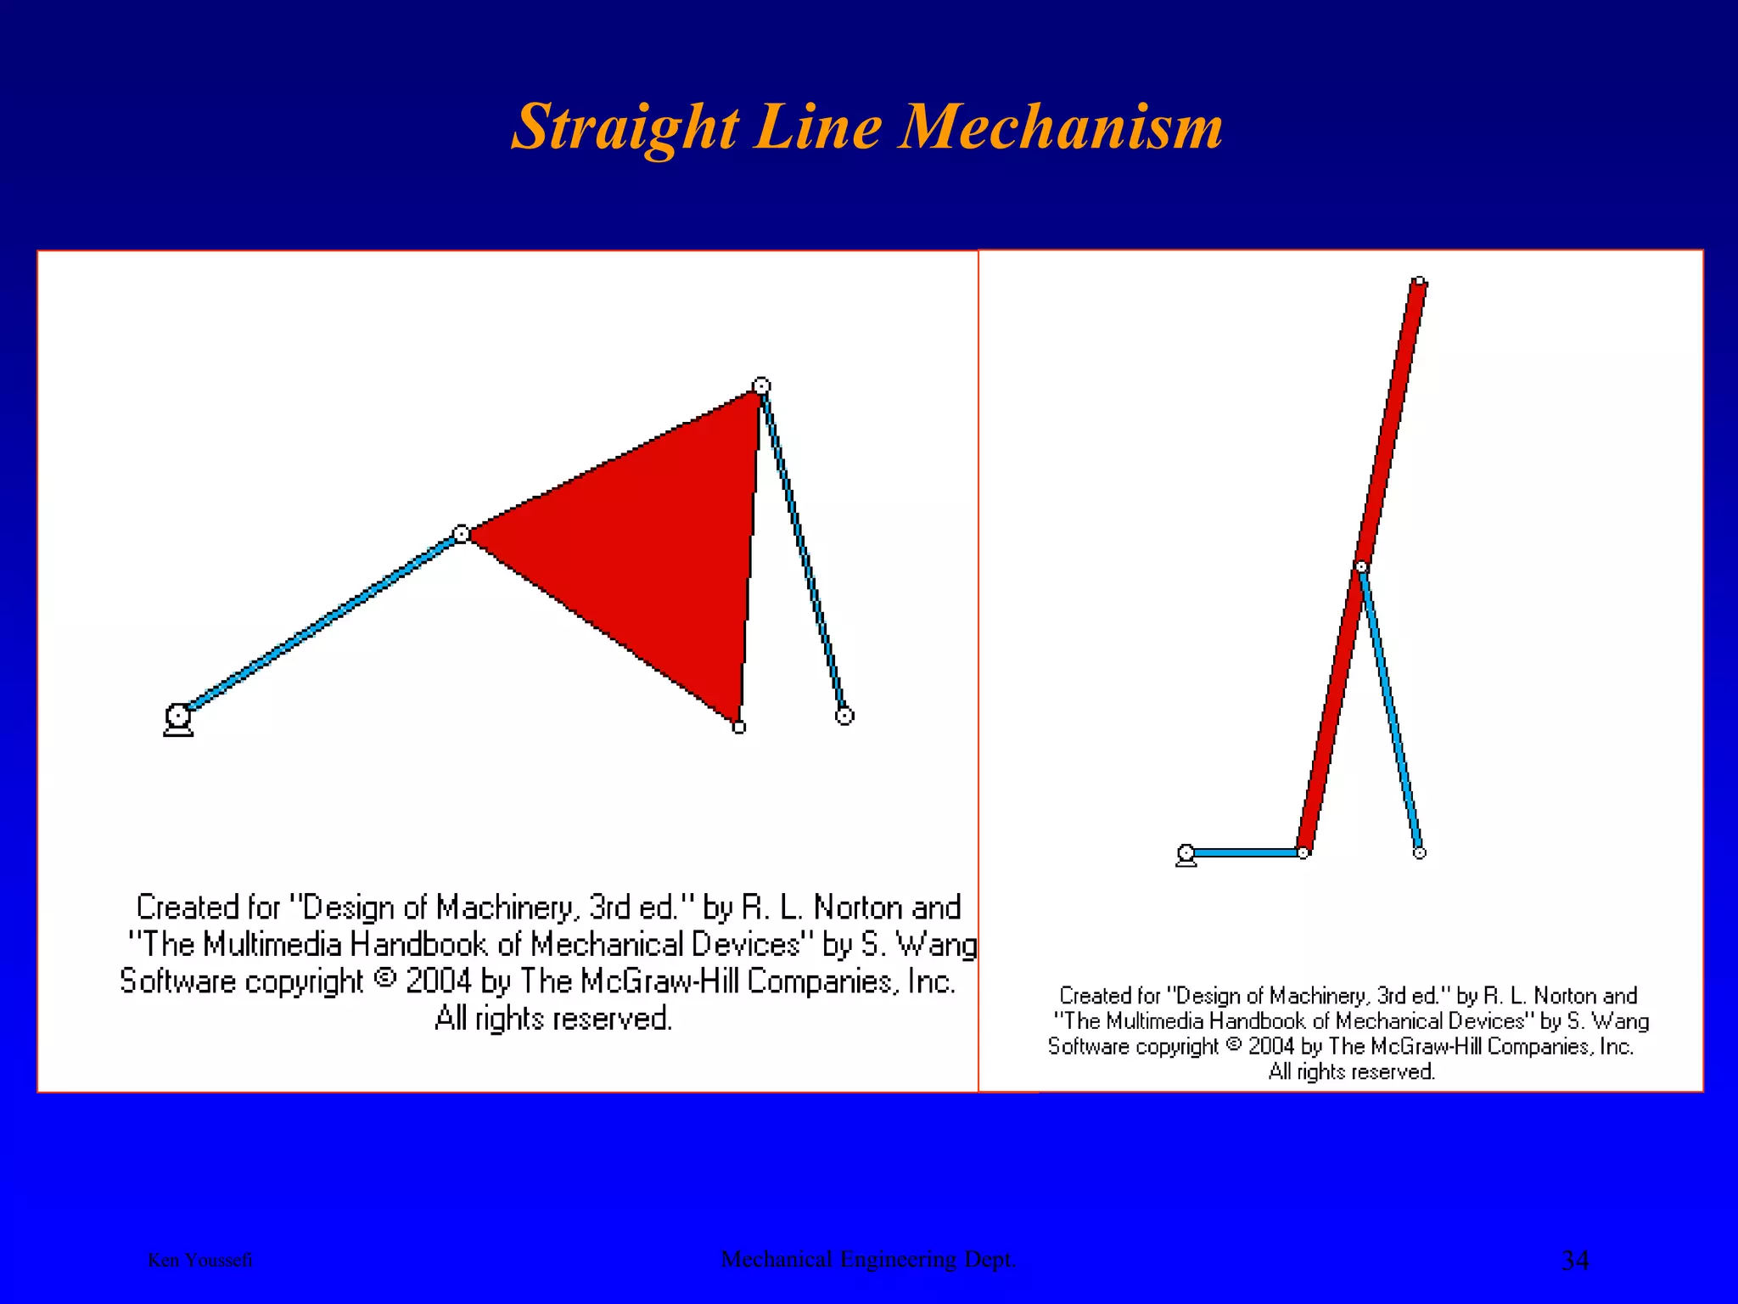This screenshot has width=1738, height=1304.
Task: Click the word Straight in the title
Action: [x=625, y=127]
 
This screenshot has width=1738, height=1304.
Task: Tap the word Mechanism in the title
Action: [x=1061, y=127]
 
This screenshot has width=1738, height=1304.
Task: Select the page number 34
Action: [x=1575, y=1260]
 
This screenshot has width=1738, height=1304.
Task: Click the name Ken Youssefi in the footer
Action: [x=200, y=1260]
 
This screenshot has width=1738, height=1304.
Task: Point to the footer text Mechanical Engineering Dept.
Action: [x=868, y=1259]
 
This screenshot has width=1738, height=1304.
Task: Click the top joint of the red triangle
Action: [x=761, y=386]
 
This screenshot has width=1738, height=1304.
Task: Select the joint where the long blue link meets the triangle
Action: [x=461, y=534]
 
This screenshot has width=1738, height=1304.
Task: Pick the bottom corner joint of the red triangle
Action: [x=739, y=727]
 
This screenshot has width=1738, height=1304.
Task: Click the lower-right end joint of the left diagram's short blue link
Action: [x=844, y=716]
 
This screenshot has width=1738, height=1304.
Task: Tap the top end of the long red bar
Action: [x=1419, y=282]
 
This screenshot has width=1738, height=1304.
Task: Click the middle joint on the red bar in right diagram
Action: [x=1361, y=566]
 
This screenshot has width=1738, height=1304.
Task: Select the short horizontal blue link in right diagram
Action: [x=1245, y=852]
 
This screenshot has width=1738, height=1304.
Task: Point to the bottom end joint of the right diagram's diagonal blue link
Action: [x=1419, y=852]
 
